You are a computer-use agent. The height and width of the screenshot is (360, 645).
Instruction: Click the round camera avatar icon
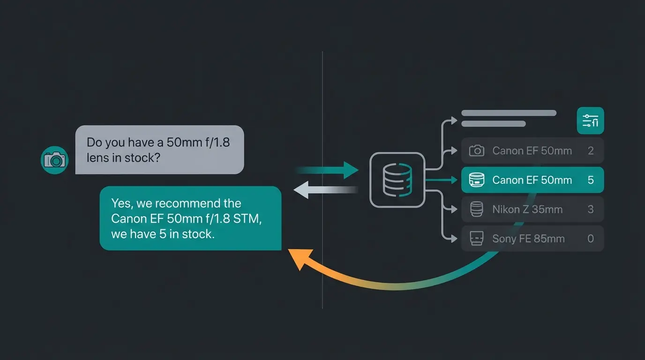click(55, 160)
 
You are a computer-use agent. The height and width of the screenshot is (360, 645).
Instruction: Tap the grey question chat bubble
click(159, 150)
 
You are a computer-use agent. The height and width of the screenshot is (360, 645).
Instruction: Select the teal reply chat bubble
click(190, 218)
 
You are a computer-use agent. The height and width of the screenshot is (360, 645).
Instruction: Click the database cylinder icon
click(397, 180)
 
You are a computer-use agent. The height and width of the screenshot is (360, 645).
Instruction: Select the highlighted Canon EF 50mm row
click(532, 180)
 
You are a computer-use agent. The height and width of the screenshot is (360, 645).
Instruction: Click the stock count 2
click(591, 151)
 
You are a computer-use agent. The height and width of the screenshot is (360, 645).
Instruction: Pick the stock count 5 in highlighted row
click(591, 180)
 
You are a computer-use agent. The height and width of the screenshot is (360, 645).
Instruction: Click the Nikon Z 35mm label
click(527, 210)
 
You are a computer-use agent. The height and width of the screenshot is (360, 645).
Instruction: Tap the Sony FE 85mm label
click(528, 239)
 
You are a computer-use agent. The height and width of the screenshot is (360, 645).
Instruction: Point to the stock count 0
click(591, 239)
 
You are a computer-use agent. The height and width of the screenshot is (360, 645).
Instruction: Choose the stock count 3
click(591, 210)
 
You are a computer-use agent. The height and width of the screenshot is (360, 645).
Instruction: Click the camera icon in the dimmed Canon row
click(476, 151)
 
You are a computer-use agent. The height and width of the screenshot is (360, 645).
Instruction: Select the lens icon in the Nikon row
click(476, 210)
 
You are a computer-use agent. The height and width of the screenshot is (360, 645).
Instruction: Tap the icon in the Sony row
click(476, 239)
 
